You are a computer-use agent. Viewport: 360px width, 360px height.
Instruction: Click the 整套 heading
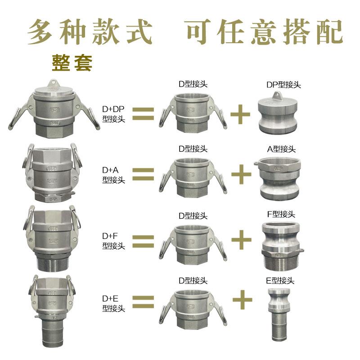[72, 63]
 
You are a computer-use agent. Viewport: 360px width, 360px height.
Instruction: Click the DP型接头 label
[283, 85]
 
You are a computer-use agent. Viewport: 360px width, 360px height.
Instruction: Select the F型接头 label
[281, 214]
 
